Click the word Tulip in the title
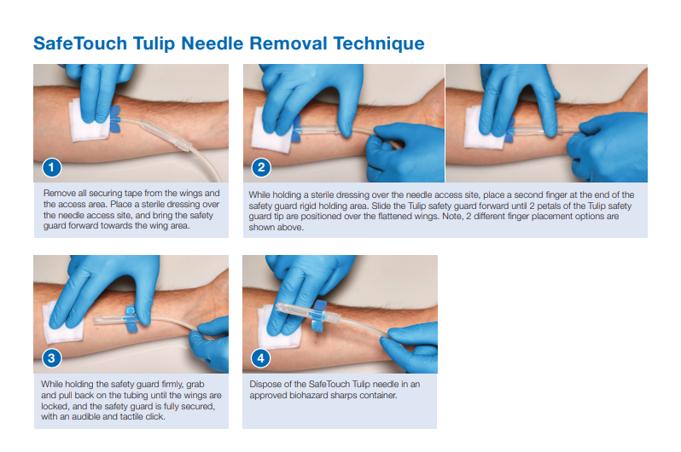point(154,43)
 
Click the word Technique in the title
point(379,43)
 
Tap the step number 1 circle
point(52,168)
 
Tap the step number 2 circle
point(261,168)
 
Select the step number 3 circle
point(52,358)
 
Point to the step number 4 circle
point(260,358)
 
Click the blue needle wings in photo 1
point(114,119)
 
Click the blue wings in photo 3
point(131,319)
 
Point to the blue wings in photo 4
point(319,316)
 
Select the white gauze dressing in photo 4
point(278,328)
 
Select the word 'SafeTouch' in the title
point(80,43)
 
